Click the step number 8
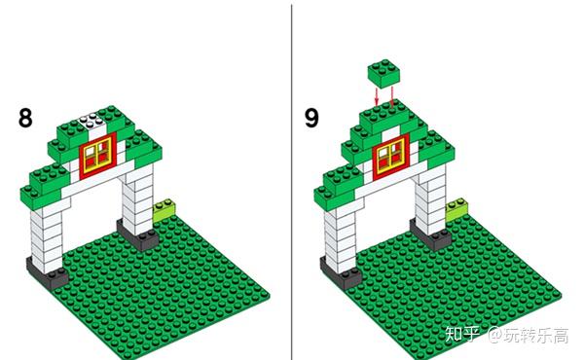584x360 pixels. point(25,119)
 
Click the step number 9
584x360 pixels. point(311,119)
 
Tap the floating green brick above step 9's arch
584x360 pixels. point(384,73)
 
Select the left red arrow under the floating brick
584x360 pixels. point(377,96)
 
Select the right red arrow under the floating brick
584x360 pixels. point(392,95)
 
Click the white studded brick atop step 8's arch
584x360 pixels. point(92,124)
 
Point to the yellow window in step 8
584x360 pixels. point(97,156)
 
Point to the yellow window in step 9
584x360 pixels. point(390,157)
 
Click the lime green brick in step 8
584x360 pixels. point(164,210)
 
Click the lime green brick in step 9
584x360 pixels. point(456,209)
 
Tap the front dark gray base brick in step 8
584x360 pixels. point(47,272)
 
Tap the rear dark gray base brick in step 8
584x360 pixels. point(137,235)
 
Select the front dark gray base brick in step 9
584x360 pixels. point(341,272)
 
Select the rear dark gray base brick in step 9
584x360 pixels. point(430,234)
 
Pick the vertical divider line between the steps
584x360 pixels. point(292,182)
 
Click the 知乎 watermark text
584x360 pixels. point(462,335)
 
